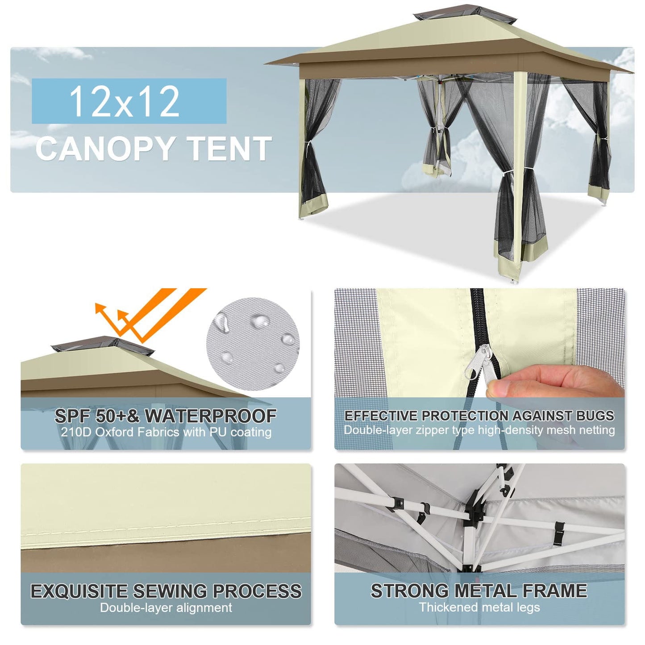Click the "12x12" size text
[x=125, y=101]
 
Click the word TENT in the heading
[x=229, y=149]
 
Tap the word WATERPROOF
[x=210, y=416]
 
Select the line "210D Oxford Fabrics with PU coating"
[x=166, y=432]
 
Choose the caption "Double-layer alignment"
[x=166, y=608]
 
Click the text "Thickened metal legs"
[x=479, y=607]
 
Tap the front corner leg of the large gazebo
[x=520, y=179]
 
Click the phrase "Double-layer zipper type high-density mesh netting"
[x=479, y=430]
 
